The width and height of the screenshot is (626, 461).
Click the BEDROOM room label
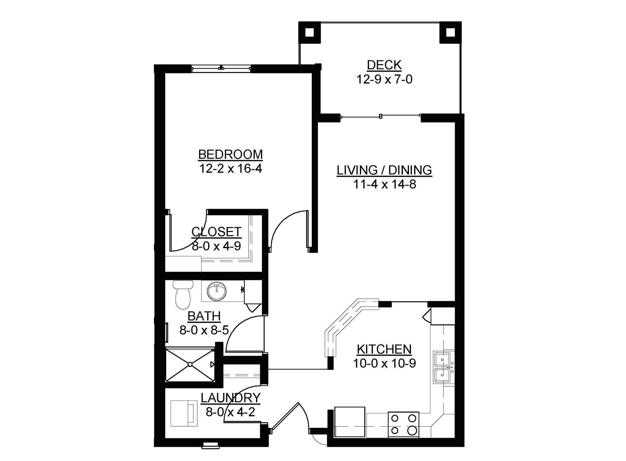coord(230,155)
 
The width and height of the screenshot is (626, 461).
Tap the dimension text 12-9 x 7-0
coord(384,80)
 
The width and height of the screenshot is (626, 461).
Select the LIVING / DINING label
coord(384,170)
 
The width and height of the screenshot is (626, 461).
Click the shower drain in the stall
coord(190,364)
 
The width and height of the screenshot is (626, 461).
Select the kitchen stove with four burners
coord(403,425)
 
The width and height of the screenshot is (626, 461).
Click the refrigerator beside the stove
coord(350,422)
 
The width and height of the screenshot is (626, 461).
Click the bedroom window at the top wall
coord(221,68)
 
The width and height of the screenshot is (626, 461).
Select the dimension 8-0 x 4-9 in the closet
coord(216,246)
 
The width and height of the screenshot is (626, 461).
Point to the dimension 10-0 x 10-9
coord(384,364)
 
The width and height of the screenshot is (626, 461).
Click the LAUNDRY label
coord(230,398)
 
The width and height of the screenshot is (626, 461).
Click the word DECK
coord(384,65)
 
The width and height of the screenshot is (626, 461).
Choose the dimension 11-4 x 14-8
coord(384,184)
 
